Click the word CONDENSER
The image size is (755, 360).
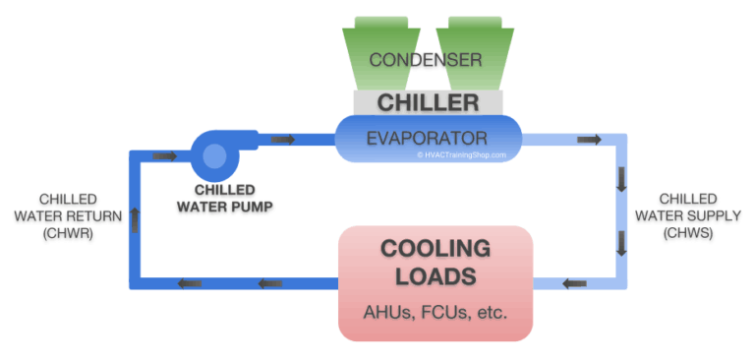(x=426, y=61)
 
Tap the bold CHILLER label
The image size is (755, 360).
(x=428, y=102)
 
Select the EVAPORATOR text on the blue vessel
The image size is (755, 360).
(x=428, y=138)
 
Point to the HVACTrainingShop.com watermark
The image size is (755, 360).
(x=462, y=154)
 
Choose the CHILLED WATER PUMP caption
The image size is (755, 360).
(x=225, y=197)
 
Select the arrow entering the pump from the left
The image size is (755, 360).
(x=164, y=155)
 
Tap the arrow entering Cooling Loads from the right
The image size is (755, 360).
(x=574, y=285)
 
